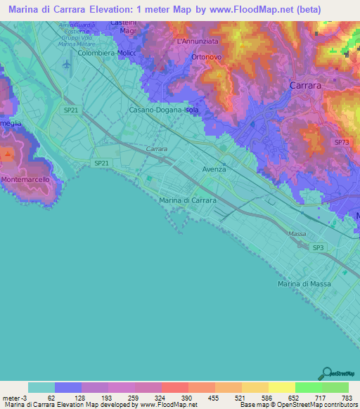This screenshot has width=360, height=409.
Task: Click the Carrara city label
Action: point(307,84)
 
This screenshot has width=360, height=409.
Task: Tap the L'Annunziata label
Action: point(195,41)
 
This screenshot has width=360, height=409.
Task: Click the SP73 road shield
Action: point(341,142)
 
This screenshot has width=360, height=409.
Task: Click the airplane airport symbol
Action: point(67,65)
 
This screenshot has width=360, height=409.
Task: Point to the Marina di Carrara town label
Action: point(188,200)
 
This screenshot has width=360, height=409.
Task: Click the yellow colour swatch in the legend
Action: point(281,387)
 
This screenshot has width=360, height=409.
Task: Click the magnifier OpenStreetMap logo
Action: point(326,372)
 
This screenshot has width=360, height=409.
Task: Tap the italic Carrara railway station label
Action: point(156,150)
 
